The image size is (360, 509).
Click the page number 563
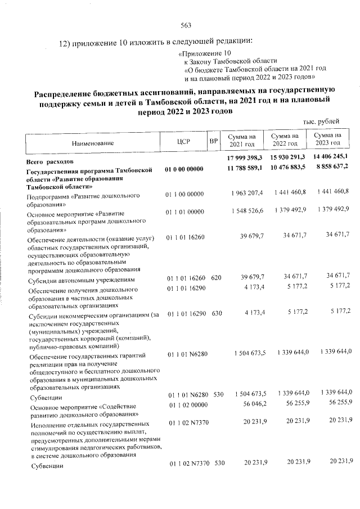[x=186, y=25]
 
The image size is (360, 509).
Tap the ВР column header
[x=213, y=140]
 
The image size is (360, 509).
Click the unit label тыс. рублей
[x=321, y=122]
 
